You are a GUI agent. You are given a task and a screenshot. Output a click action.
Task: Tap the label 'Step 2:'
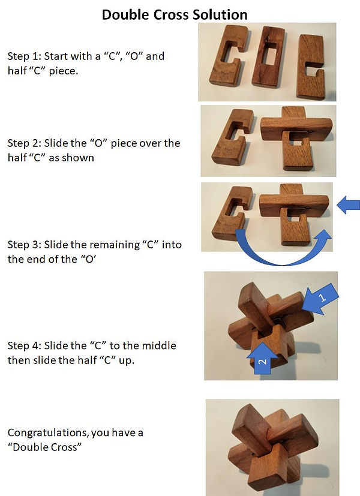[x=25, y=143]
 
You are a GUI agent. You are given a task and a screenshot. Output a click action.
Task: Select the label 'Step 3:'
[x=25, y=245]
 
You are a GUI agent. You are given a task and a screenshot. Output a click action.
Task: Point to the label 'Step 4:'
[x=25, y=346]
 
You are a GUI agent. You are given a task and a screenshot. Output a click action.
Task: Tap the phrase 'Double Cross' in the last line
[x=44, y=447]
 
